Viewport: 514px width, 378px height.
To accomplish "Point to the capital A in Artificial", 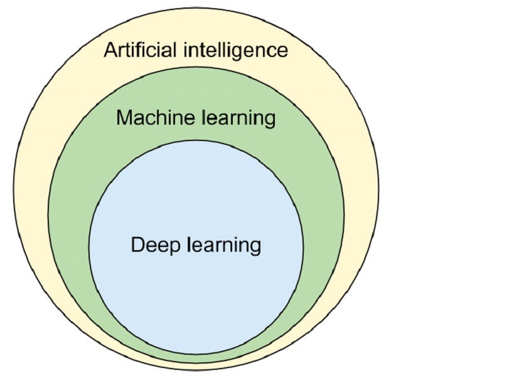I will click(110, 50).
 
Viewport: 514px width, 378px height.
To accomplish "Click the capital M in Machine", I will click(124, 117).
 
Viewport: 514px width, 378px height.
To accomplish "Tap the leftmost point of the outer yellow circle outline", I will click(13, 188).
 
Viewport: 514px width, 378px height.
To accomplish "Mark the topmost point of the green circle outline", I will click(196, 67).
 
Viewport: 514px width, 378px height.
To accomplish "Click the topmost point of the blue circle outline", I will click(196, 140).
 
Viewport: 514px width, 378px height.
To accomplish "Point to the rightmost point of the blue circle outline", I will click(303, 247).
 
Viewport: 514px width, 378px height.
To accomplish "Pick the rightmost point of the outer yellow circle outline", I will click(379, 188).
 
